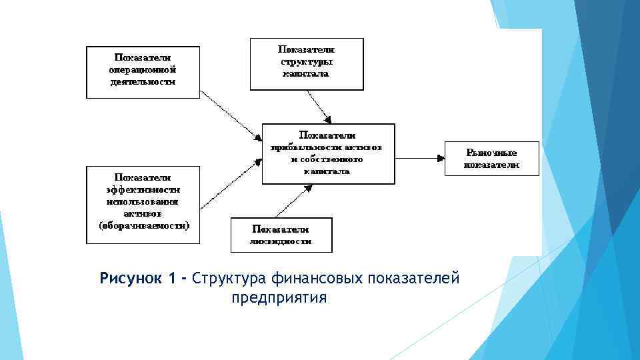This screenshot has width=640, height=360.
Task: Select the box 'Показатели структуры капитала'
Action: coord(307,63)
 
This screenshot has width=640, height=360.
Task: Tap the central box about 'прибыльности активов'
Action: coord(328,153)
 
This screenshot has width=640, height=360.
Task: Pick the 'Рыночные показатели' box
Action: coord(492,158)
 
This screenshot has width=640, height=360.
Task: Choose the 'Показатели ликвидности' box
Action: coord(281,235)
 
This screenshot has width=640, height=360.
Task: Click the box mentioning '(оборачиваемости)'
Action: coord(143,205)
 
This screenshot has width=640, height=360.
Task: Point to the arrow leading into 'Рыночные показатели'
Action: coord(420,157)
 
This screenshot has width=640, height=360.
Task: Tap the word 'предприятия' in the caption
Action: coord(279,297)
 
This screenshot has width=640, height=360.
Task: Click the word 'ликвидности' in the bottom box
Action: coord(281,241)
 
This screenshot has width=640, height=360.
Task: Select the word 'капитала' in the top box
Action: coord(307,75)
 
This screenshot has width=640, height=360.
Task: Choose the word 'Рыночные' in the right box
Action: coord(492,152)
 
